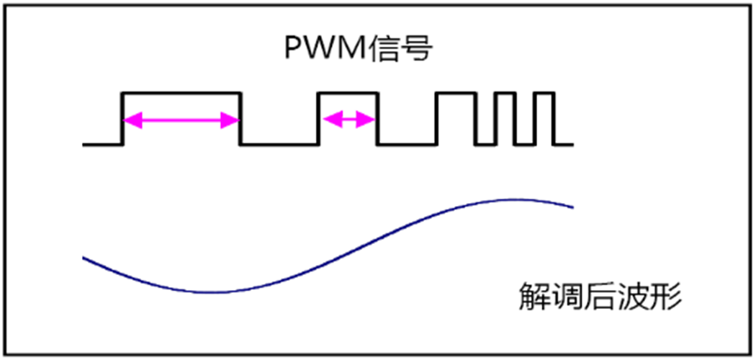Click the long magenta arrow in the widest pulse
coord(181,121)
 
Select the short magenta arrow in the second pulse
coord(348,121)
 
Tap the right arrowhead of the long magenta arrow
coord(232,121)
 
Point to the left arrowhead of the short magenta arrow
coord(328,121)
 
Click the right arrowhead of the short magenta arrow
coord(369,121)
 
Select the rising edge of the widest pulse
coord(121,119)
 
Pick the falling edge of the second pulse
coord(379,119)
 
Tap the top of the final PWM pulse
coord(544,93)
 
